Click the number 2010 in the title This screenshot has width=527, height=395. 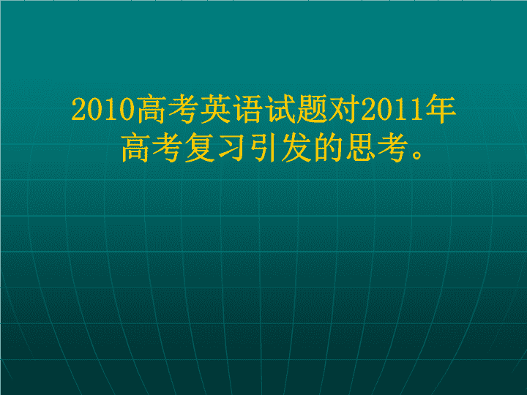[103, 109]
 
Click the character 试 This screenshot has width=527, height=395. [280, 109]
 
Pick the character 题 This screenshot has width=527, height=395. [312, 109]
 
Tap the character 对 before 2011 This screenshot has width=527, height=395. [344, 109]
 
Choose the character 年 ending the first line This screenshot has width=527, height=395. [441, 109]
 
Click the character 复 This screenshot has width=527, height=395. [199, 148]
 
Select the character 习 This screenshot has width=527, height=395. [231, 148]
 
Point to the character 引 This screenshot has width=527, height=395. [263, 148]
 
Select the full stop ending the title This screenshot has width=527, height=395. [417, 154]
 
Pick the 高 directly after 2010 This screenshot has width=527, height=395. [151, 109]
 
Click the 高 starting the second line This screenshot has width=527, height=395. [135, 148]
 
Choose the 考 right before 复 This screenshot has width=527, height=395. [167, 148]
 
